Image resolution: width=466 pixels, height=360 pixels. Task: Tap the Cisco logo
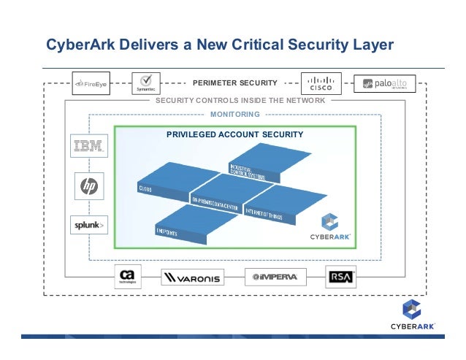pos(320,84)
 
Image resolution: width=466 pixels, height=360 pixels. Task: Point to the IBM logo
pos(90,145)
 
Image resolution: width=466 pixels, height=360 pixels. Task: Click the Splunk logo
pos(90,226)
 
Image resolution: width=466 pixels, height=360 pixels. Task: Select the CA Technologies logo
pos(127,277)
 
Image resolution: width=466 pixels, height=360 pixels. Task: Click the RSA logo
pos(340,277)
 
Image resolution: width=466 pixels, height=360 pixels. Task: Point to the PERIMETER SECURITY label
pos(234,83)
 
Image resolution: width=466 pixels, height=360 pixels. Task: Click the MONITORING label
pos(234,115)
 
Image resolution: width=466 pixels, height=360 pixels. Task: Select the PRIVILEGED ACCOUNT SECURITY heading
pos(234,134)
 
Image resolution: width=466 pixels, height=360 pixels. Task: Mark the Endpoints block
pos(183,226)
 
